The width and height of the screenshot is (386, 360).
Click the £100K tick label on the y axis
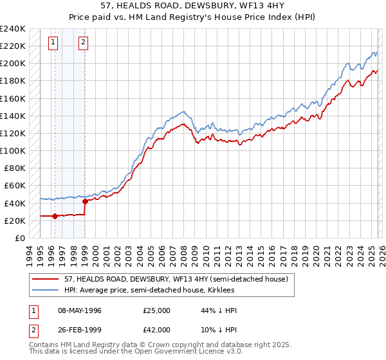(x=12, y=150)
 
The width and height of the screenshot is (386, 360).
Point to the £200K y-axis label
(x=12, y=63)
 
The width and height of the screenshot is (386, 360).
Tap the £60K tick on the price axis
(x=14, y=185)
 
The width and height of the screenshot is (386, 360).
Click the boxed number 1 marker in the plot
(x=52, y=43)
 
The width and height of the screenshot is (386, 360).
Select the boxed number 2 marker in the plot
(x=83, y=43)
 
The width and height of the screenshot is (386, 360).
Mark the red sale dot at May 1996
(x=55, y=216)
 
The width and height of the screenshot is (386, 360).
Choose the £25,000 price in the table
(x=157, y=310)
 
